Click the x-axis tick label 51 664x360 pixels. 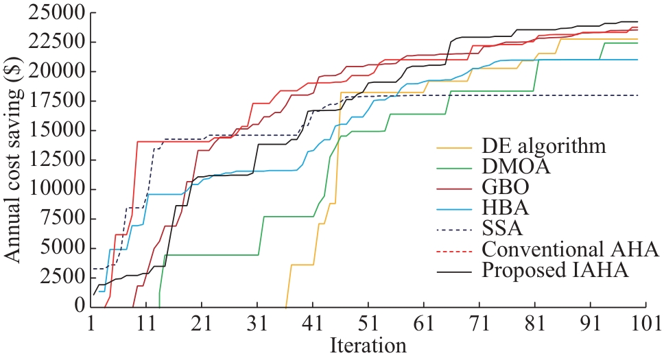[x=368, y=322]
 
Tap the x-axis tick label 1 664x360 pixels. [x=91, y=322]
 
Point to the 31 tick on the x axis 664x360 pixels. [x=257, y=322]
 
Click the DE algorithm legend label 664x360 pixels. [x=545, y=146]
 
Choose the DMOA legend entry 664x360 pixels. [x=511, y=166]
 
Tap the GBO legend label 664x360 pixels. [x=504, y=187]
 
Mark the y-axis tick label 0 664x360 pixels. [x=78, y=307]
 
